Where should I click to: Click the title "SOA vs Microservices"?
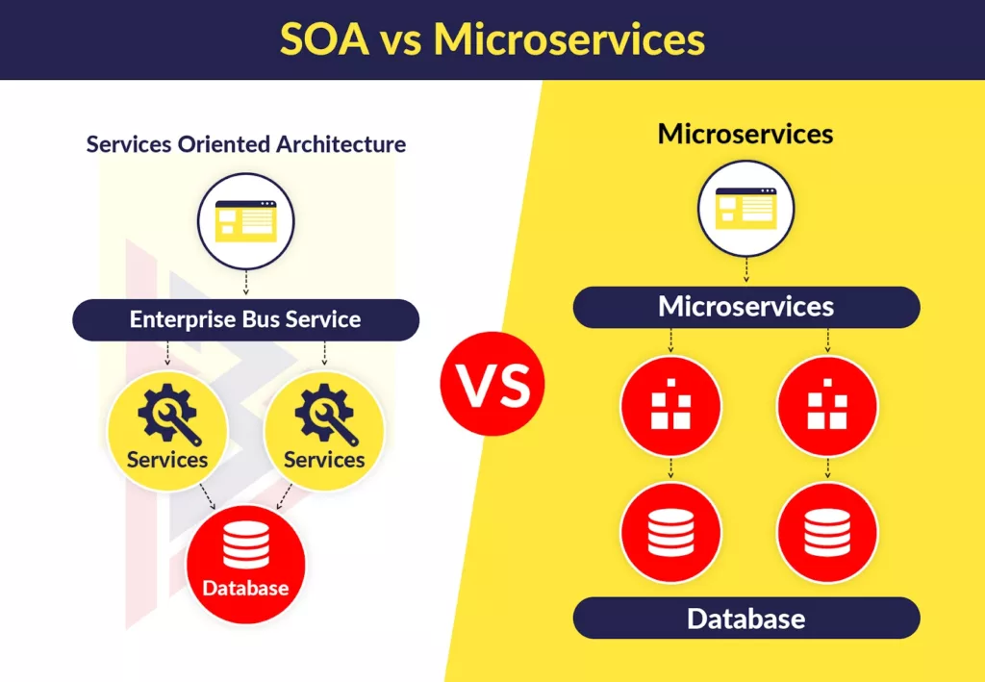point(492,39)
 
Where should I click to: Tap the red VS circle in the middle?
point(492,385)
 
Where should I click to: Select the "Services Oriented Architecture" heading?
point(246,144)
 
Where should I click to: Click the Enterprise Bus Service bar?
point(245,319)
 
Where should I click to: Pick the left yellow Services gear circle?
point(167,429)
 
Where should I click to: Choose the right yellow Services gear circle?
point(324,429)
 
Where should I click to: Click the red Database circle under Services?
point(245,564)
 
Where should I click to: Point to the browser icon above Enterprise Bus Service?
point(245,220)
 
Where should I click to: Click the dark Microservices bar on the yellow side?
point(745,307)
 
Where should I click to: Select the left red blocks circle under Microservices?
point(669,405)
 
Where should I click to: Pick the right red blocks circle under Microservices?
point(826,405)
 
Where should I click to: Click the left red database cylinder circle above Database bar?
point(669,532)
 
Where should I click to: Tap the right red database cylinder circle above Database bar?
point(826,532)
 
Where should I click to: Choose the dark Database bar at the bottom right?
point(745,618)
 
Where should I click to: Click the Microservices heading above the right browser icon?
point(745,134)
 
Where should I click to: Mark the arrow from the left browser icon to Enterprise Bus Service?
point(245,282)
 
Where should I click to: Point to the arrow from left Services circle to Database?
point(207,498)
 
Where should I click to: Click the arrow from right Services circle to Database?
point(284,498)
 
